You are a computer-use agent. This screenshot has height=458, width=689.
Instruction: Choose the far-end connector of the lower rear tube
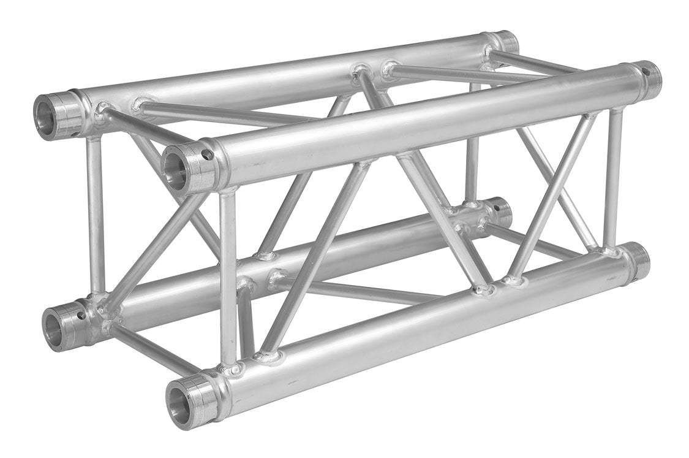[x=500, y=210]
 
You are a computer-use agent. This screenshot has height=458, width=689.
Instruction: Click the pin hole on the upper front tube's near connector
[x=206, y=155]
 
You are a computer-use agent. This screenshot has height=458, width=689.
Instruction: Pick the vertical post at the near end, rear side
[x=96, y=215]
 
